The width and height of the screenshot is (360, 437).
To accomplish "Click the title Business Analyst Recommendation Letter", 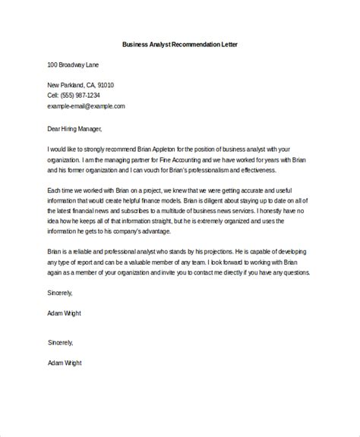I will coord(180,44).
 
